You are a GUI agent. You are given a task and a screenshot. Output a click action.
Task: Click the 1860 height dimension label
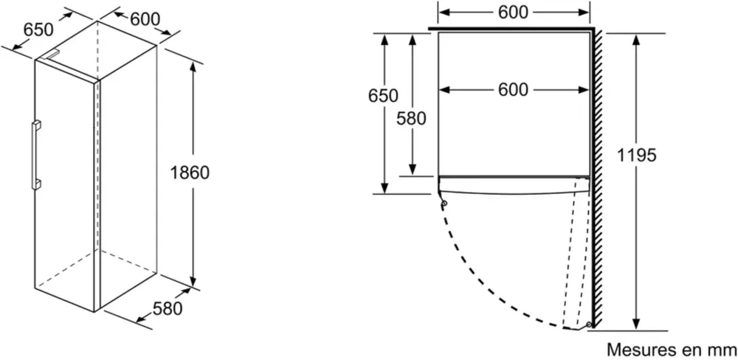click(190, 173)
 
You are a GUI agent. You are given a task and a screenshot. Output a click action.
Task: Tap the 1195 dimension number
click(636, 154)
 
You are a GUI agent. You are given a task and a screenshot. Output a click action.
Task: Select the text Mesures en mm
click(672, 350)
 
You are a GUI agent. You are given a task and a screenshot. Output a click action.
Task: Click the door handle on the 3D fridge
click(35, 156)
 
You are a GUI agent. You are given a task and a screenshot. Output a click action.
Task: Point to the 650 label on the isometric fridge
click(38, 30)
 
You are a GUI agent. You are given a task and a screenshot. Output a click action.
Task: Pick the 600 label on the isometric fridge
click(145, 19)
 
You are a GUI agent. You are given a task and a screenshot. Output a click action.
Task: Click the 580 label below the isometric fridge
click(167, 308)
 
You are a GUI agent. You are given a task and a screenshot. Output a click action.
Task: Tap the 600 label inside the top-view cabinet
click(513, 89)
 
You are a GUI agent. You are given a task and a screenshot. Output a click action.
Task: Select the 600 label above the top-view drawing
click(513, 13)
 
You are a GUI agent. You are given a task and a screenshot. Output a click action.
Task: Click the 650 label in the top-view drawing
click(383, 95)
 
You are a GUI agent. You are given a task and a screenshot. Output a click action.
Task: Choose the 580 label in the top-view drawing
click(411, 118)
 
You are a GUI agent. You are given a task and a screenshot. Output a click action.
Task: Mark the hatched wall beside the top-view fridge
click(598, 178)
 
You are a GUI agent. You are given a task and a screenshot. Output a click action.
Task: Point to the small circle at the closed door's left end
click(444, 204)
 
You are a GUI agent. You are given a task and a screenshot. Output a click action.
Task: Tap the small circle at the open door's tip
click(589, 325)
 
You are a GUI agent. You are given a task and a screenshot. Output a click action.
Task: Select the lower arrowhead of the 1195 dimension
click(636, 324)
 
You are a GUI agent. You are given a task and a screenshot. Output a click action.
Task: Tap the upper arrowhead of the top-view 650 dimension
click(385, 40)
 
